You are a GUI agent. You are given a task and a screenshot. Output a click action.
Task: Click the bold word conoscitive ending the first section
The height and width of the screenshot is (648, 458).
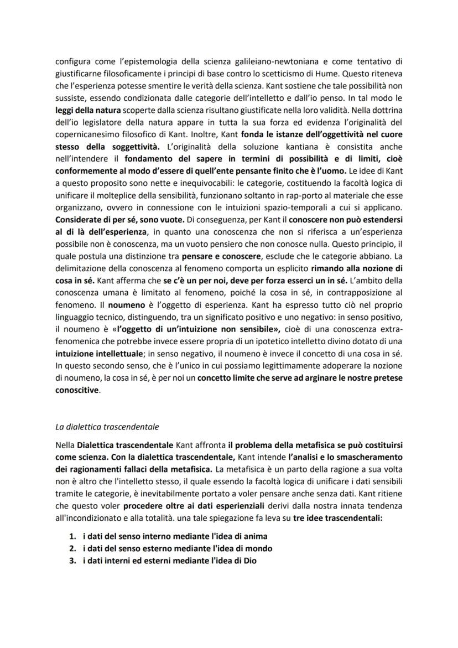(x=78, y=390)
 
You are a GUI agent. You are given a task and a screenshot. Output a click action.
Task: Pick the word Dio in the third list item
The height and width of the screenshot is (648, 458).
(x=249, y=559)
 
